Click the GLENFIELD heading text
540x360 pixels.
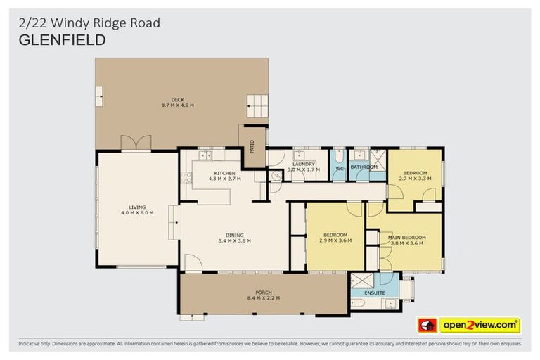(x=62, y=40)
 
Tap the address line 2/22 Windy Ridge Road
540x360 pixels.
(x=89, y=23)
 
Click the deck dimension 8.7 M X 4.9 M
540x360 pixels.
(x=177, y=106)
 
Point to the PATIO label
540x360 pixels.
(x=251, y=146)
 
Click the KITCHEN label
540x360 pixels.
(x=224, y=173)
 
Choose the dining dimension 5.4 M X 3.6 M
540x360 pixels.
(x=234, y=241)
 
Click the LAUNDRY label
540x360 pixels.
(x=304, y=164)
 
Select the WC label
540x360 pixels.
(x=338, y=168)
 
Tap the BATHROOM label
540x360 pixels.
(x=364, y=167)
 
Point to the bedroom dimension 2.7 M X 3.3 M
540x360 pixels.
(x=414, y=179)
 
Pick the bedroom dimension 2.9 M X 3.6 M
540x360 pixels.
(x=336, y=240)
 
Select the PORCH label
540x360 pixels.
(x=264, y=292)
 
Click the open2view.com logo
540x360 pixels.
(x=480, y=325)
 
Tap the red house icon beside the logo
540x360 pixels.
(x=427, y=325)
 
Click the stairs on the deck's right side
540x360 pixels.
(x=257, y=106)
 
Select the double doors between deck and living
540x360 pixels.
(x=136, y=143)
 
